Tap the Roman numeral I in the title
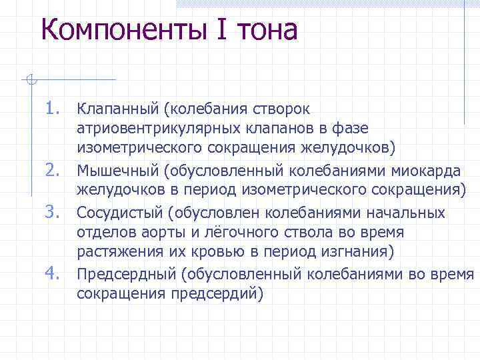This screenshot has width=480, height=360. [216, 31]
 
